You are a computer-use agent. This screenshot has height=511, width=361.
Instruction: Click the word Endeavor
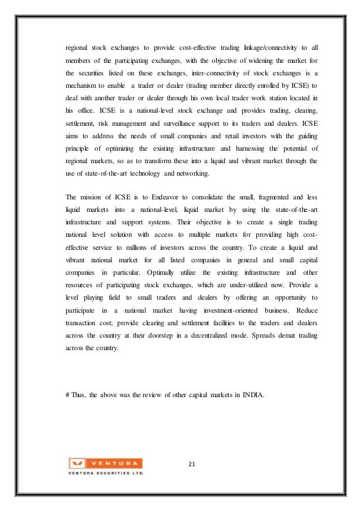tap(167, 197)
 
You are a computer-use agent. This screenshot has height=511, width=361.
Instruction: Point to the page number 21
tap(191, 465)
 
